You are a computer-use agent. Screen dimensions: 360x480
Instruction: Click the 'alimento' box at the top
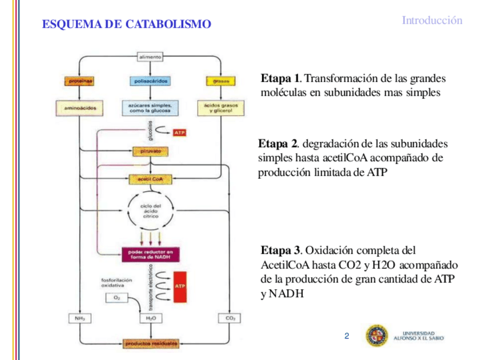[x=150, y=57]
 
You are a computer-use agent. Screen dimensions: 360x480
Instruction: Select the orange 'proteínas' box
[x=79, y=82]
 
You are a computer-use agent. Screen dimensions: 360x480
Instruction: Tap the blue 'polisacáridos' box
[x=150, y=82]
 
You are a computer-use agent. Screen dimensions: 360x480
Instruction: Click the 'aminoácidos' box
[x=79, y=106]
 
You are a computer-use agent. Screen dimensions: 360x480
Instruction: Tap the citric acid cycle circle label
[x=151, y=211]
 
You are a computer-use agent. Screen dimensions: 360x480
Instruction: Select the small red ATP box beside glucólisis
[x=179, y=133]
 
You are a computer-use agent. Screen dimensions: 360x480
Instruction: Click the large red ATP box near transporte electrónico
[x=180, y=286]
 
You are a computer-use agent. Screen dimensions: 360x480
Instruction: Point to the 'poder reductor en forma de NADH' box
[x=149, y=254]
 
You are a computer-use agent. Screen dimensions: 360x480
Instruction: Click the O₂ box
[x=117, y=298]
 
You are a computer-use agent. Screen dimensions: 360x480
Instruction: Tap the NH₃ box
[x=79, y=319]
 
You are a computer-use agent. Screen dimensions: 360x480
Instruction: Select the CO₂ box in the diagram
[x=230, y=319]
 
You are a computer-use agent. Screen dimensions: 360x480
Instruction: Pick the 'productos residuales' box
[x=150, y=343]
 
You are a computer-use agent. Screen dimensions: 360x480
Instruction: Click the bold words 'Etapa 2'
[x=278, y=143]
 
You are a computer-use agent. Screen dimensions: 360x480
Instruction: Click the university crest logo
[x=377, y=336]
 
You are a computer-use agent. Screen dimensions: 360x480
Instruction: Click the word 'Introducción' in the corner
[x=432, y=20]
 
